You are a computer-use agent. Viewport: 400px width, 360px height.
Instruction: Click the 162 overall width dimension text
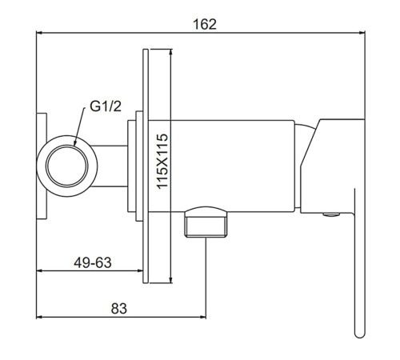point(205,24)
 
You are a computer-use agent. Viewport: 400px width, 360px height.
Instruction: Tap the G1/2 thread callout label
point(106,106)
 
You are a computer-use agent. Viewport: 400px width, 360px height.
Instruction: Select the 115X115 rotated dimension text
point(162,162)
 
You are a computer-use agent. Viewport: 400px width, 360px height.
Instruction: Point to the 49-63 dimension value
point(93,262)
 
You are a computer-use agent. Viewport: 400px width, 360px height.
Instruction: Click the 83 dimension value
point(119,309)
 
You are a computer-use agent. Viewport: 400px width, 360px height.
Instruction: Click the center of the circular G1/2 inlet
point(67,166)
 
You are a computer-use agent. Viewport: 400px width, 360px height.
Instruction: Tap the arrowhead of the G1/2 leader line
point(75,143)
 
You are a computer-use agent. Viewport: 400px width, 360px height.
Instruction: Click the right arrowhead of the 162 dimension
point(362,33)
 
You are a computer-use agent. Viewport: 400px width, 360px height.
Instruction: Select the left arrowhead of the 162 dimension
point(39,33)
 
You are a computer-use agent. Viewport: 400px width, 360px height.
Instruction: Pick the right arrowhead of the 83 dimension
point(203,317)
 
